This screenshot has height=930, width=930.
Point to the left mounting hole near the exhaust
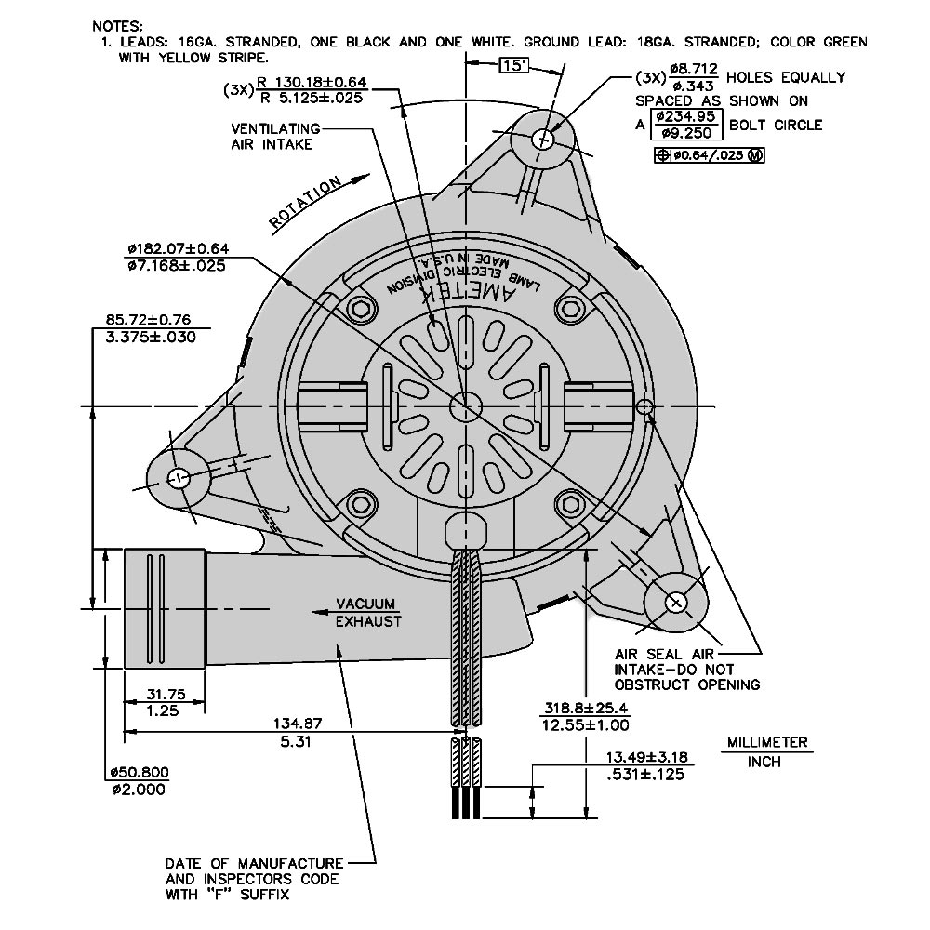click(179, 478)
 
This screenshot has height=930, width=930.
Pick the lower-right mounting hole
click(676, 602)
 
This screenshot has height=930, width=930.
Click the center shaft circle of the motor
click(464, 406)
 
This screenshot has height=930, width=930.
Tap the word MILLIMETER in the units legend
click(767, 743)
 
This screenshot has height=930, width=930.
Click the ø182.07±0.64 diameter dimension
click(178, 249)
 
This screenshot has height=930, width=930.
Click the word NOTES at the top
click(117, 24)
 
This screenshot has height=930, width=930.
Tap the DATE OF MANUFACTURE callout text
click(253, 863)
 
